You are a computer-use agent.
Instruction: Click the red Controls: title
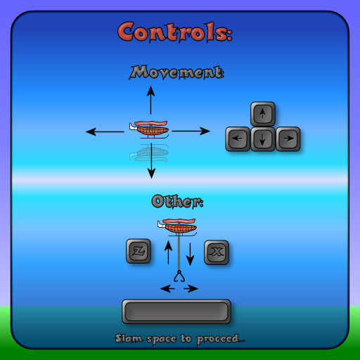tap(175, 32)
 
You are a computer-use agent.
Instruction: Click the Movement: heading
tap(176, 72)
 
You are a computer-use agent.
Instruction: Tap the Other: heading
tap(177, 201)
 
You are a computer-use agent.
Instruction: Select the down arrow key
tap(263, 139)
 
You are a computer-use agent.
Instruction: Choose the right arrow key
tap(288, 139)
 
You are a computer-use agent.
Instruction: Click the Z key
tap(139, 251)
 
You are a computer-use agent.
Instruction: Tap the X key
tap(217, 252)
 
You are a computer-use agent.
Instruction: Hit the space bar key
tap(176, 311)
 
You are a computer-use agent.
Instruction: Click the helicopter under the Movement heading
tap(149, 129)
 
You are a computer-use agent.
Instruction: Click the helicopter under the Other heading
tap(177, 227)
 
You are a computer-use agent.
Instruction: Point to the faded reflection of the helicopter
tap(149, 153)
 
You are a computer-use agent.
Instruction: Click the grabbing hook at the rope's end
tap(179, 276)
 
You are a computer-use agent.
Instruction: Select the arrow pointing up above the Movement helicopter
tap(150, 100)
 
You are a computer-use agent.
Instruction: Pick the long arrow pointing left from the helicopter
tap(105, 131)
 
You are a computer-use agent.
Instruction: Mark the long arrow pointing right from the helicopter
tap(191, 131)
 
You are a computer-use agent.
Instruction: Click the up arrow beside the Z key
tap(168, 252)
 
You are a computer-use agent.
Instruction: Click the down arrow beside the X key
tap(190, 255)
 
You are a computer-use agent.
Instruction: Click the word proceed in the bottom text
tap(218, 340)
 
